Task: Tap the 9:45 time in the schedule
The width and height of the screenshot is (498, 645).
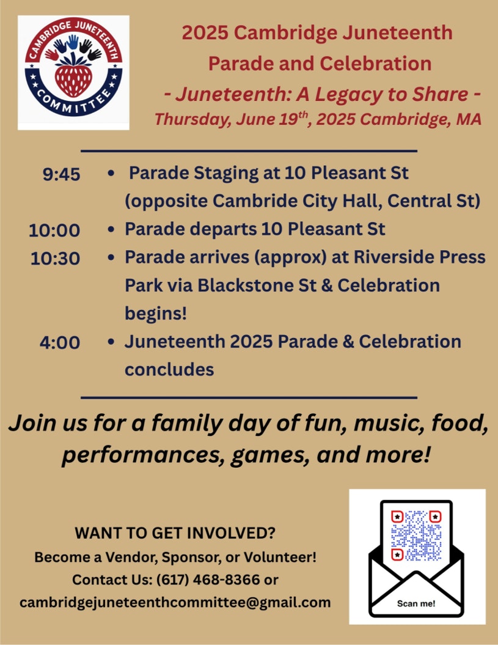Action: [x=61, y=174]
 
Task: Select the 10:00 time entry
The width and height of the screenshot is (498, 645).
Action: [x=54, y=230]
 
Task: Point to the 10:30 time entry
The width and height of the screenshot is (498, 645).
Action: [x=55, y=259]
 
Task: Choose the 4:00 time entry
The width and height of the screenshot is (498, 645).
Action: [x=60, y=342]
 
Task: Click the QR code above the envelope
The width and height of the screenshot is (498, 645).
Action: [x=416, y=536]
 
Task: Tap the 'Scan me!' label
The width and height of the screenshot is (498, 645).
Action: [x=416, y=603]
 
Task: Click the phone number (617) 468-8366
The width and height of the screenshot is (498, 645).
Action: [x=208, y=580]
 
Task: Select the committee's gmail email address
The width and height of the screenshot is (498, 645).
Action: [x=175, y=603]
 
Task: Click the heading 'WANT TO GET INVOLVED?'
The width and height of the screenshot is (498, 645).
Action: [x=175, y=533]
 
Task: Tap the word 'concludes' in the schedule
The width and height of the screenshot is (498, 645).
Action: [x=169, y=369]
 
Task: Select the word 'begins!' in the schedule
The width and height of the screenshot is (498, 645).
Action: [x=156, y=314]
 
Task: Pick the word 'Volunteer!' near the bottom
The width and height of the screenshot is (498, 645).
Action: [x=280, y=557]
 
